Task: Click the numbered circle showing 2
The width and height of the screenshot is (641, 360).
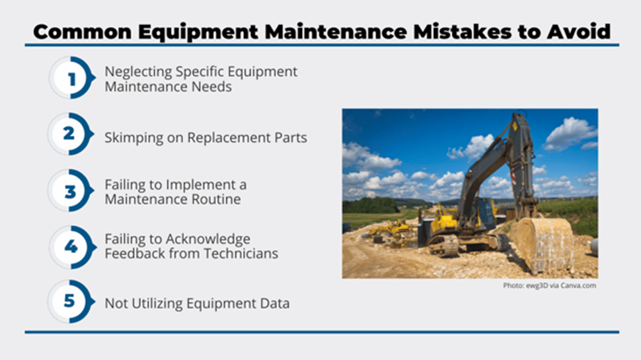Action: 70,134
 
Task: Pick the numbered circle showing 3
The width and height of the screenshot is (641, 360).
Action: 70,190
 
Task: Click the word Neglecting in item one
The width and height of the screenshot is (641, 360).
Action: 139,72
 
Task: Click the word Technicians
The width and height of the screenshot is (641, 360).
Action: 241,254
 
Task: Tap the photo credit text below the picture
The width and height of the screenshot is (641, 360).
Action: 549,285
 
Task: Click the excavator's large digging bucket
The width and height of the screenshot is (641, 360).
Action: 542,244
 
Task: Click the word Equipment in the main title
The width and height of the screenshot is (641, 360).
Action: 198,32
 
